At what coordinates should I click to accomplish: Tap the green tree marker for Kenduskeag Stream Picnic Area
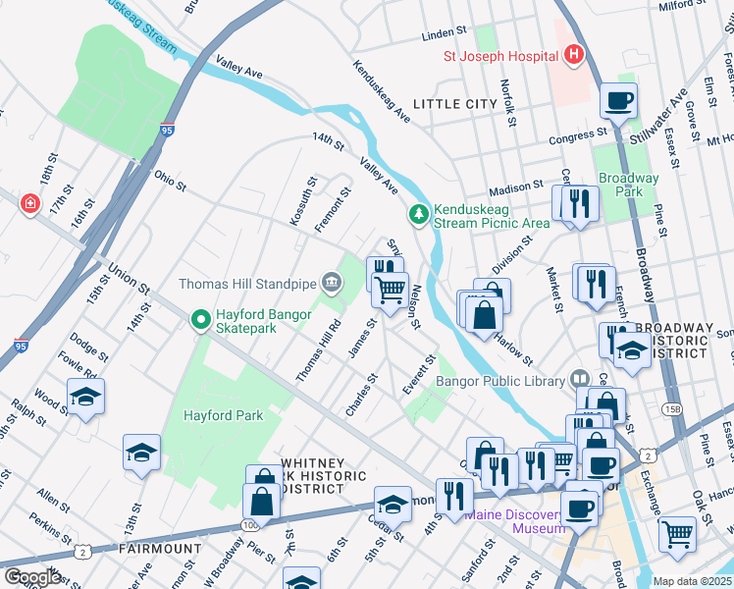coord(419,213)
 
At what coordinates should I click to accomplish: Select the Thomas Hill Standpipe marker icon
coord(332,285)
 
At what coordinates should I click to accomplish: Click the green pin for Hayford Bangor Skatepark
coord(201,319)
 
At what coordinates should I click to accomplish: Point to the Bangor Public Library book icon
coord(579,380)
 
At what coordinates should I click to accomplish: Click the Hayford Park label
coord(223,415)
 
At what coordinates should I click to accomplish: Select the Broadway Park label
coord(628,185)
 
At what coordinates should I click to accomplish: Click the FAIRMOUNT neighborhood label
coord(160,548)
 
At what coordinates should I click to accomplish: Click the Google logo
coord(32,577)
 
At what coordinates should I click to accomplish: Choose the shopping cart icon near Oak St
coord(677,533)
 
